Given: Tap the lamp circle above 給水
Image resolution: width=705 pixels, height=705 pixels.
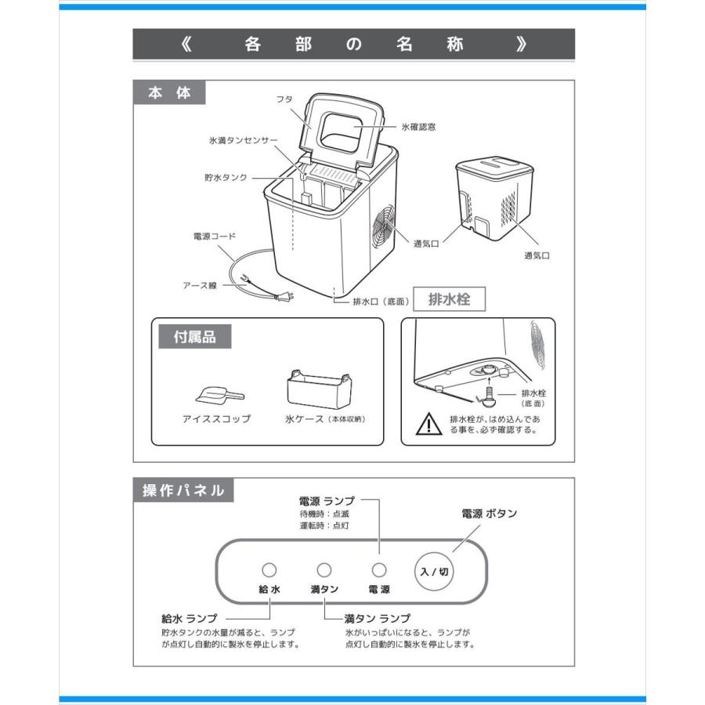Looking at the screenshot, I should point(269,570).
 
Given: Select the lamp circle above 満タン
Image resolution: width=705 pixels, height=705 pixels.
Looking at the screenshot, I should point(324,570).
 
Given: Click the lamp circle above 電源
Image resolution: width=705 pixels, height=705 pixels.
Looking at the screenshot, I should point(379,570).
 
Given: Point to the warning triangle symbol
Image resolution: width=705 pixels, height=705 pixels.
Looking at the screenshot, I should point(428,425).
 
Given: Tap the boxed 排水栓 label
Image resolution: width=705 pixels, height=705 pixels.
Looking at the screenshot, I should point(449,298).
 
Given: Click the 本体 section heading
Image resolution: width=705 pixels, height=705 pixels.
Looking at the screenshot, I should point(169,92).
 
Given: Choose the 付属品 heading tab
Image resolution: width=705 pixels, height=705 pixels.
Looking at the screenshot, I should point(194,338).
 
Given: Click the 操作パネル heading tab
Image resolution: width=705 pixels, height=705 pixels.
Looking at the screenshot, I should point(183,491).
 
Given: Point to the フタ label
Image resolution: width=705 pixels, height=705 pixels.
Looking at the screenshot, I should point(284,100).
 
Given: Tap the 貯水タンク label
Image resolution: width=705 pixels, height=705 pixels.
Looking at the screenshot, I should point(226,178).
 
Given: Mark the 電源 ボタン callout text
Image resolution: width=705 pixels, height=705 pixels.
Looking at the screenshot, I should point(489,514).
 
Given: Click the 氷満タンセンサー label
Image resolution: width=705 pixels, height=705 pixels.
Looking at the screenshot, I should point(244,140).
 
